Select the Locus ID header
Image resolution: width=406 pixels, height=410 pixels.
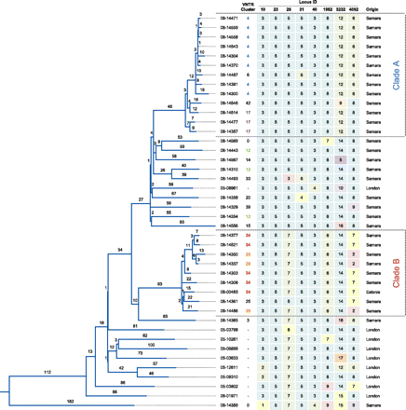306,5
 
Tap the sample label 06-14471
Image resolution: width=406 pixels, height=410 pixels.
229,19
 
